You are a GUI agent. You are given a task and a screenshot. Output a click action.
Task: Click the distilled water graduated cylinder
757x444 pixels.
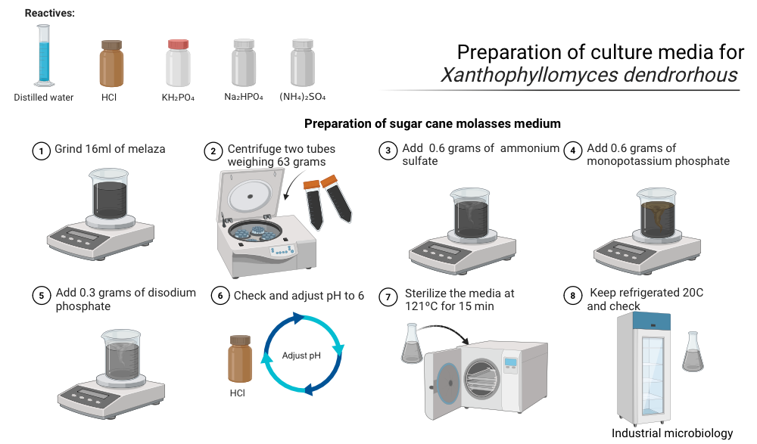pos(44,55)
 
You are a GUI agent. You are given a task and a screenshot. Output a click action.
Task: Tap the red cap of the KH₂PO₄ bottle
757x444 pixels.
pos(178,45)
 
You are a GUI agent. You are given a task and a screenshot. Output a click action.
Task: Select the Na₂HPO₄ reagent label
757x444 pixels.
pos(244,97)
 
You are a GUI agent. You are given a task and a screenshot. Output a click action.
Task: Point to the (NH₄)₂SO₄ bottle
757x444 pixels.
pos(303,63)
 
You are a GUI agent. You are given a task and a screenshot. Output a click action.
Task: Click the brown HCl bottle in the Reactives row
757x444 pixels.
pos(111,64)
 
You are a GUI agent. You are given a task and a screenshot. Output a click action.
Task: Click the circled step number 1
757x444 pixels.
pos(42,151)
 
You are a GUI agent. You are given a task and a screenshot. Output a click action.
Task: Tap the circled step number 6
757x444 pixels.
pos(220,296)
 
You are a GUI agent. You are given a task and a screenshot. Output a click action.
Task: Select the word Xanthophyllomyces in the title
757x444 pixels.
pos(528,76)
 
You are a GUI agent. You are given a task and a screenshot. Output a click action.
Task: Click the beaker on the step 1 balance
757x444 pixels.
pos(110,194)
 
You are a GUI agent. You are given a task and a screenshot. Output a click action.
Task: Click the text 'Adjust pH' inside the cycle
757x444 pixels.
pos(301,356)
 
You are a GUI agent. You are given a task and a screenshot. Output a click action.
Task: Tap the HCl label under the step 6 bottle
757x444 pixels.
pos(238,393)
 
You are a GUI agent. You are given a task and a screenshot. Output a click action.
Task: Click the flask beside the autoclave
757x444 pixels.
pos(411,343)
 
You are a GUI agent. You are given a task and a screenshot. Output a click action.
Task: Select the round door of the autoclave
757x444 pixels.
pos(447,383)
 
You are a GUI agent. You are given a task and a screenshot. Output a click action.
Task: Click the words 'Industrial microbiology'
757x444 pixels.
pos(672,433)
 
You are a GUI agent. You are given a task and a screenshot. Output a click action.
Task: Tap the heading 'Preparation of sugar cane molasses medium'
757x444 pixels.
pos(432,123)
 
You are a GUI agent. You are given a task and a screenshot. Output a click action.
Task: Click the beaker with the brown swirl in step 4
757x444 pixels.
pos(656,213)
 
